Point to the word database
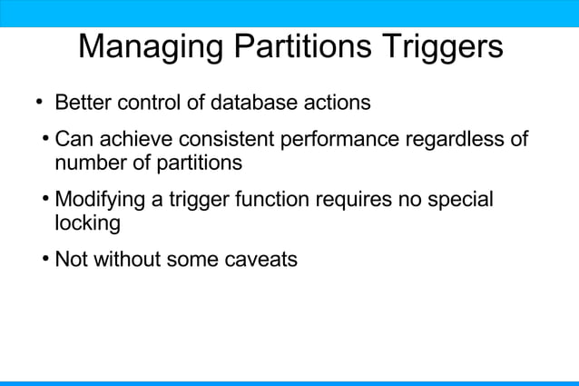pyautogui.click(x=254, y=102)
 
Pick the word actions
pyautogui.click(x=337, y=102)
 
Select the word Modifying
pyautogui.click(x=100, y=199)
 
